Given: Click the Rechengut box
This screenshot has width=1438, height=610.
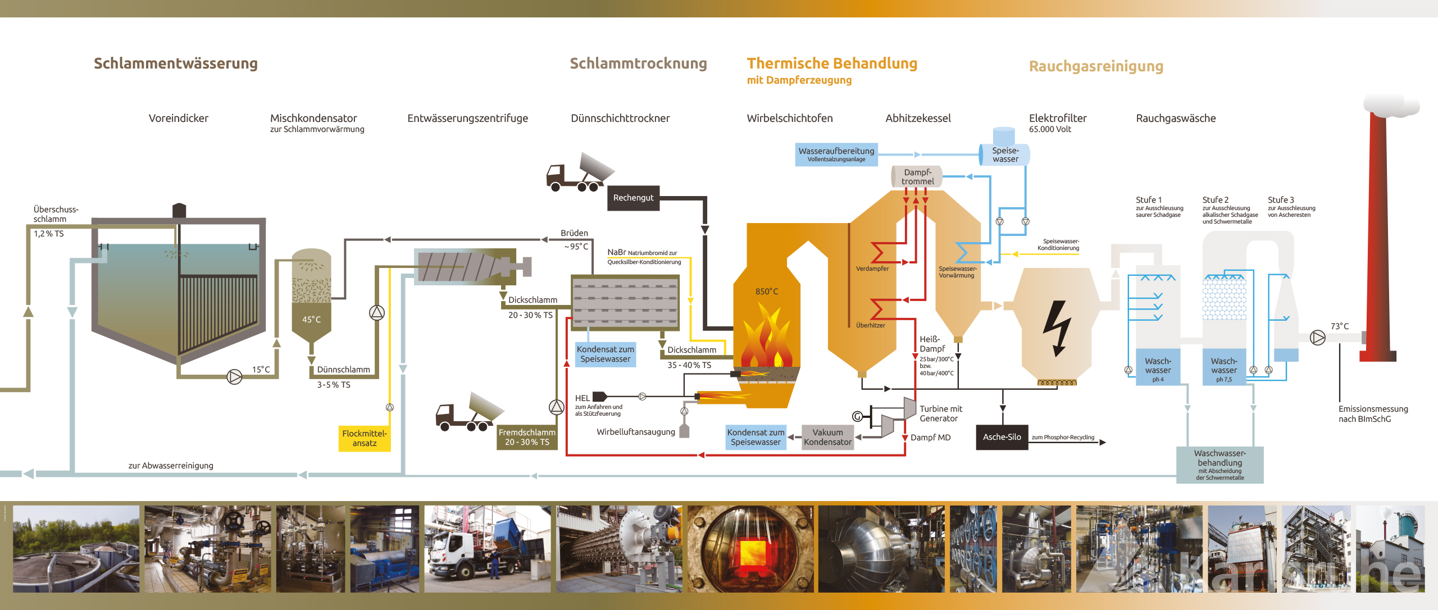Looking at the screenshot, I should click(633, 198).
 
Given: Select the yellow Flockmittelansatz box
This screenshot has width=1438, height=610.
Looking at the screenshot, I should click(364, 438).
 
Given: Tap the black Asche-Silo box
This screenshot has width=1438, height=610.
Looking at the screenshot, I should click(1002, 437).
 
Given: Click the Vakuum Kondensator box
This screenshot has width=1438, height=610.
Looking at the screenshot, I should click(827, 437).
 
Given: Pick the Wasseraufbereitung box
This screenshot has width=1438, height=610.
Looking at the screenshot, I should click(836, 154).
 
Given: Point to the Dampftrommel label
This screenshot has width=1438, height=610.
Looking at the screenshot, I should click(918, 177).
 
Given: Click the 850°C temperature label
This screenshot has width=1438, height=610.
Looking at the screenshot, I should click(767, 292).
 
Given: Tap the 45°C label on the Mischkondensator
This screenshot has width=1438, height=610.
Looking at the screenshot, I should click(311, 320).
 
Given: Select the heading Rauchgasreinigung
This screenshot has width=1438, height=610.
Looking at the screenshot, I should click(1096, 66).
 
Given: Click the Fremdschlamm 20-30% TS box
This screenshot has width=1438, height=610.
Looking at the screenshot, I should click(527, 437).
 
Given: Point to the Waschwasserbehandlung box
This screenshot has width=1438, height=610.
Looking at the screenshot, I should click(1219, 465).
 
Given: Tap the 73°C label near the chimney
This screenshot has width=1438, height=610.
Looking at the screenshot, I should click(1339, 326).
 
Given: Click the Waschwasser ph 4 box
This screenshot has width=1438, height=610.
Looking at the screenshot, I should click(1158, 369).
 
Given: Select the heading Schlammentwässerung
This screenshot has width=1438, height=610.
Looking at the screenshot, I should click(176, 63).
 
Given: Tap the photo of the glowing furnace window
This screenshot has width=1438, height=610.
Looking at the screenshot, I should click(750, 549).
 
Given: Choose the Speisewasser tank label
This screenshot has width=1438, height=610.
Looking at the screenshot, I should click(1005, 154).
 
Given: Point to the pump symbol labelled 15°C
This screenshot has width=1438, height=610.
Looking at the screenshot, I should click(234, 376).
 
